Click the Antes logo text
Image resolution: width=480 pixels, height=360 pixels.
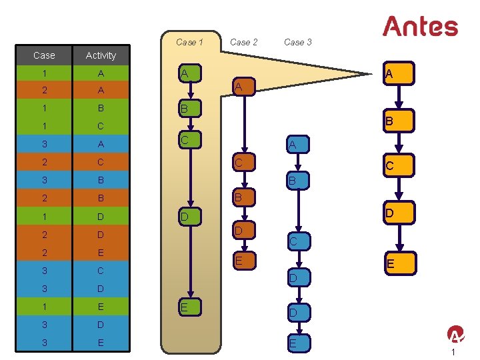(420, 27)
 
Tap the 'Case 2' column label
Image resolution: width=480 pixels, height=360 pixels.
(243, 42)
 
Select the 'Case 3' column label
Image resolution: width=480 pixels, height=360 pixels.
(297, 42)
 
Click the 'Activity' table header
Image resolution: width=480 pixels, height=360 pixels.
(101, 55)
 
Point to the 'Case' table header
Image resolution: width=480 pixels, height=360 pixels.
(44, 55)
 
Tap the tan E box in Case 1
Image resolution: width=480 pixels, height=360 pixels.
(188, 307)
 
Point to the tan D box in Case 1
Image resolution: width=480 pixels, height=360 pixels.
(188, 217)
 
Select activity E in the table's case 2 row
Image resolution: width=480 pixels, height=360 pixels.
(101, 253)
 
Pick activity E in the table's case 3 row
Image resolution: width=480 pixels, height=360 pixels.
(101, 343)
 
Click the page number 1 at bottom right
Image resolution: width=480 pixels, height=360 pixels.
(453, 352)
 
